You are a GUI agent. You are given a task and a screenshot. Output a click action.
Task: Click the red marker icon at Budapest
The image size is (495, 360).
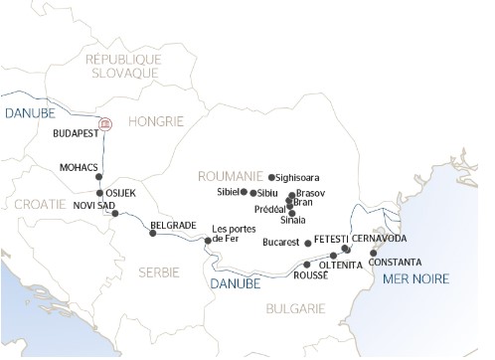pyautogui.click(x=108, y=125)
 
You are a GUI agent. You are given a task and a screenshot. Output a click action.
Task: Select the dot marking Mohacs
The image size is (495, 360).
pyautogui.click(x=98, y=177)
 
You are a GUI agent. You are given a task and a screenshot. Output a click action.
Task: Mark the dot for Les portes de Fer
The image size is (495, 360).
pyautogui.click(x=208, y=241)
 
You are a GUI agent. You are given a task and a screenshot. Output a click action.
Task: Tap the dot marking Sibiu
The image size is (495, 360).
pyautogui.click(x=252, y=193)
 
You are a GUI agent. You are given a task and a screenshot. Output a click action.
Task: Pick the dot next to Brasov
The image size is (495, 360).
pyautogui.click(x=289, y=196)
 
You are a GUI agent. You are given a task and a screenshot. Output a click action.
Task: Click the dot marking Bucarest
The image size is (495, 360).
pyautogui.click(x=308, y=243)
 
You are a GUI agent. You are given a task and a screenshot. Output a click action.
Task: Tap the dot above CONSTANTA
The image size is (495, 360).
pyautogui.click(x=374, y=253)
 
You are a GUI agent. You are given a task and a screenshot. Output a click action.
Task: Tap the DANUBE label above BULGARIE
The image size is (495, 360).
pyautogui.click(x=237, y=283)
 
